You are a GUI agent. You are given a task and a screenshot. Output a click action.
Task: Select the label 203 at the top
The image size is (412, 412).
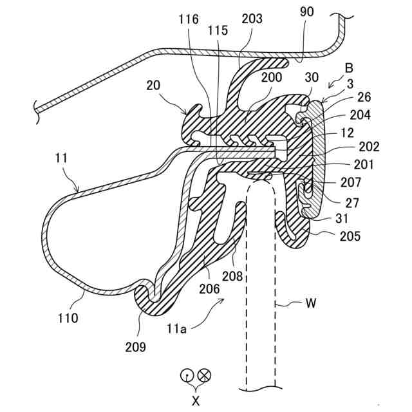coord(252,19)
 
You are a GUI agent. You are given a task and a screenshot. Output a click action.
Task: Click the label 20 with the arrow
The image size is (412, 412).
coord(153,86)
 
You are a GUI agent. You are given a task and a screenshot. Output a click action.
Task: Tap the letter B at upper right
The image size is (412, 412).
coord(349,68)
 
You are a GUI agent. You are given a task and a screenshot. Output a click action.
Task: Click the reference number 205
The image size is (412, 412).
coord(351,236)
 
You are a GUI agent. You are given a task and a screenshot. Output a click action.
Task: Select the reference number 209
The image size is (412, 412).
coord(136,347)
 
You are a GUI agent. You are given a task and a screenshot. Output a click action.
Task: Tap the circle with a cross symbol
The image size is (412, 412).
coord(205,375)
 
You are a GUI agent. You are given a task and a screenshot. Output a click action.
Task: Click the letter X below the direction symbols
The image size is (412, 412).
coord(196,399)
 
